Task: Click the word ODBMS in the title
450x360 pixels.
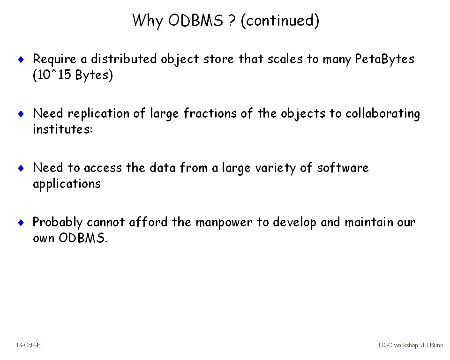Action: [x=195, y=20]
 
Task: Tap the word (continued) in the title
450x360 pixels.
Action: [x=280, y=21]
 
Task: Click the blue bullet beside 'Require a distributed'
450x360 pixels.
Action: [x=21, y=60]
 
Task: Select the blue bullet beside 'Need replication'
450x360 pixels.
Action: [x=21, y=114]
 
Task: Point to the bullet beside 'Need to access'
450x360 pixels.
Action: [x=21, y=168]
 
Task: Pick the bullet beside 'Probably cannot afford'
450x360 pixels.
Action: [x=21, y=222]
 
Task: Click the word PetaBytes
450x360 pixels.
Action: [x=384, y=60]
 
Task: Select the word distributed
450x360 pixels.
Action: [x=124, y=59]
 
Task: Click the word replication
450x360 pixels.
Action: [x=98, y=114]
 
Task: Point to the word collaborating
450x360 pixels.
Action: [x=382, y=114]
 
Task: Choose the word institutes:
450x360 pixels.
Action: [x=63, y=129]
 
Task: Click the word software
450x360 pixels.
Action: [x=343, y=168]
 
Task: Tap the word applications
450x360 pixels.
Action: [x=67, y=184]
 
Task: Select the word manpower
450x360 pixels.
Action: [x=224, y=223]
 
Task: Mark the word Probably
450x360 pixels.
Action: [x=57, y=223]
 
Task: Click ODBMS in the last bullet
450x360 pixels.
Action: [x=82, y=238]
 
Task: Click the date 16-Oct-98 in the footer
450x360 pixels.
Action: [x=28, y=345]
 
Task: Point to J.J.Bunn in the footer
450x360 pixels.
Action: [x=432, y=345]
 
